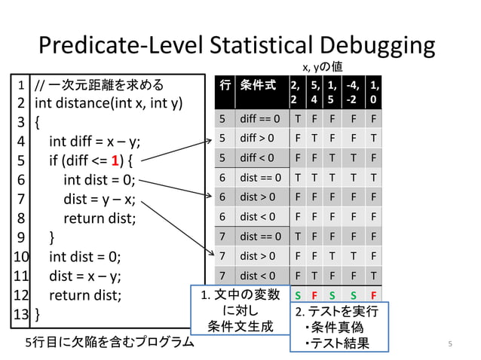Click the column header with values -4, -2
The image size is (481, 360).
click(351, 92)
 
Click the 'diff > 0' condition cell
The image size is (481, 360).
click(259, 138)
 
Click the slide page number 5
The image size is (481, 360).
click(449, 344)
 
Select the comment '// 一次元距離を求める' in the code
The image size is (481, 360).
click(100, 83)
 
